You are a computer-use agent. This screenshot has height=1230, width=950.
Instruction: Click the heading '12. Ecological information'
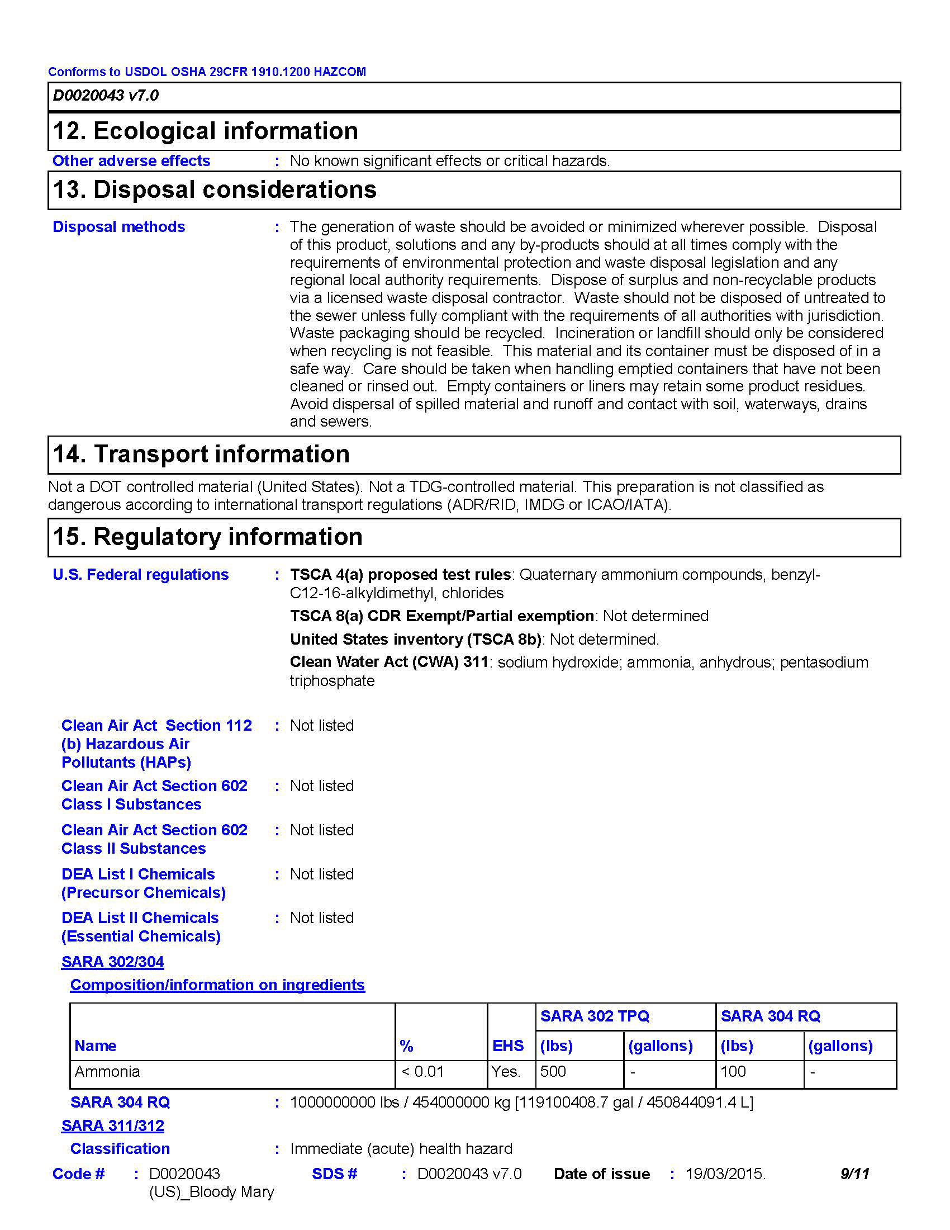click(206, 131)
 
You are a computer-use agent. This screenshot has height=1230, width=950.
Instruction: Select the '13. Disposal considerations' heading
click(215, 190)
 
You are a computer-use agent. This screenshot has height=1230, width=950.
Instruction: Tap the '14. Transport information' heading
click(201, 454)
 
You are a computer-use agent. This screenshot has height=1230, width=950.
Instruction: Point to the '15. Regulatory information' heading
click(208, 537)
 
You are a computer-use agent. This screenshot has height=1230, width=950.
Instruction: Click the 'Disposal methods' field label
click(118, 227)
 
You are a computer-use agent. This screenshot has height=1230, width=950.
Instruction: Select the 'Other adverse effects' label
click(131, 161)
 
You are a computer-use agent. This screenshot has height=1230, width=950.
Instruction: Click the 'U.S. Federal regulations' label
click(141, 574)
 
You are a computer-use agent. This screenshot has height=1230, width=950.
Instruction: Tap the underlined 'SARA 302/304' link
click(112, 962)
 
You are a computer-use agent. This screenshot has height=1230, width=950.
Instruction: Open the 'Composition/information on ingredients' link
click(217, 985)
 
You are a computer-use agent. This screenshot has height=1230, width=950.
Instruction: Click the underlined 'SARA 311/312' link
click(112, 1126)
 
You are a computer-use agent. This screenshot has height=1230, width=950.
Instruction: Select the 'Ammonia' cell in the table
click(107, 1072)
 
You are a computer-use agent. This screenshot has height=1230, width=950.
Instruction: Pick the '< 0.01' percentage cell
click(422, 1072)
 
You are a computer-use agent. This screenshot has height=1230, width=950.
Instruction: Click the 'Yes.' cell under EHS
click(506, 1072)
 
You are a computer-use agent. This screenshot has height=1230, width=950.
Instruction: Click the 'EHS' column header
click(508, 1046)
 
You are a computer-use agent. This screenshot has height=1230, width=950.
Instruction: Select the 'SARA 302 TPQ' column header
click(595, 1016)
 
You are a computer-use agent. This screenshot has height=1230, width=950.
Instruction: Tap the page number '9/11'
click(854, 1174)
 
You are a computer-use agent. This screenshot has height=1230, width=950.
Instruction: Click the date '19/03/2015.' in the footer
click(725, 1174)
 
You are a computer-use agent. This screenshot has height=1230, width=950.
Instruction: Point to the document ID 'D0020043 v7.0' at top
click(106, 96)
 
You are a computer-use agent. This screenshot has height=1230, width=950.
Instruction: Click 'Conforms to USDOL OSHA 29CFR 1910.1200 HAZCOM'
click(207, 72)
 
